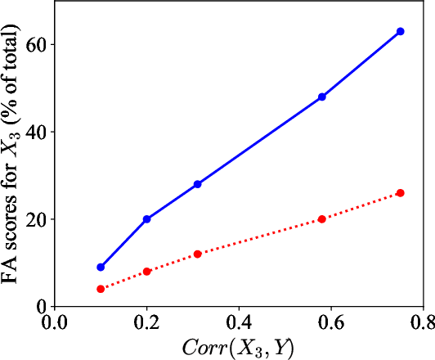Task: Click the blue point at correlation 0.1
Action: (x=101, y=268)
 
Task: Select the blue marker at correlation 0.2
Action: (x=147, y=219)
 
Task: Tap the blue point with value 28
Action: (x=198, y=184)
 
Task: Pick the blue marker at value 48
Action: (x=322, y=97)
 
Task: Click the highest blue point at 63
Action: (x=400, y=31)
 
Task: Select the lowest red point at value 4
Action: (x=101, y=289)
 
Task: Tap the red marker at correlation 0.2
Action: (x=147, y=272)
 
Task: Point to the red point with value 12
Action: (x=198, y=254)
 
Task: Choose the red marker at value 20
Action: (x=322, y=219)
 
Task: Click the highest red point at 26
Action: (x=400, y=193)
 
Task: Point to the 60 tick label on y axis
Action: (x=35, y=44)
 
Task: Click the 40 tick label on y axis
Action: (x=35, y=132)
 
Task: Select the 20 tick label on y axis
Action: (x=35, y=219)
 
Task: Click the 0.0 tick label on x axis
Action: (x=54, y=323)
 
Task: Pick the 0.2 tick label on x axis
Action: (x=147, y=323)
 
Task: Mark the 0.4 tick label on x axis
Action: (x=240, y=323)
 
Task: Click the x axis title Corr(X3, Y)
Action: (x=240, y=347)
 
